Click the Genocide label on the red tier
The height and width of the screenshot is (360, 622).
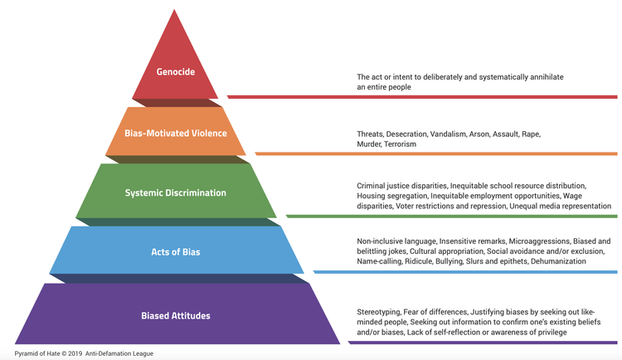(x=176, y=71)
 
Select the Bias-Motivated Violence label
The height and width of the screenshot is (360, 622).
(x=176, y=133)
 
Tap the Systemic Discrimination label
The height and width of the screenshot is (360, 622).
(x=176, y=193)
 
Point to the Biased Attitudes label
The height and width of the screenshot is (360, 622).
(x=176, y=315)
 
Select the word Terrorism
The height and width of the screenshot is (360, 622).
(x=400, y=144)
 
